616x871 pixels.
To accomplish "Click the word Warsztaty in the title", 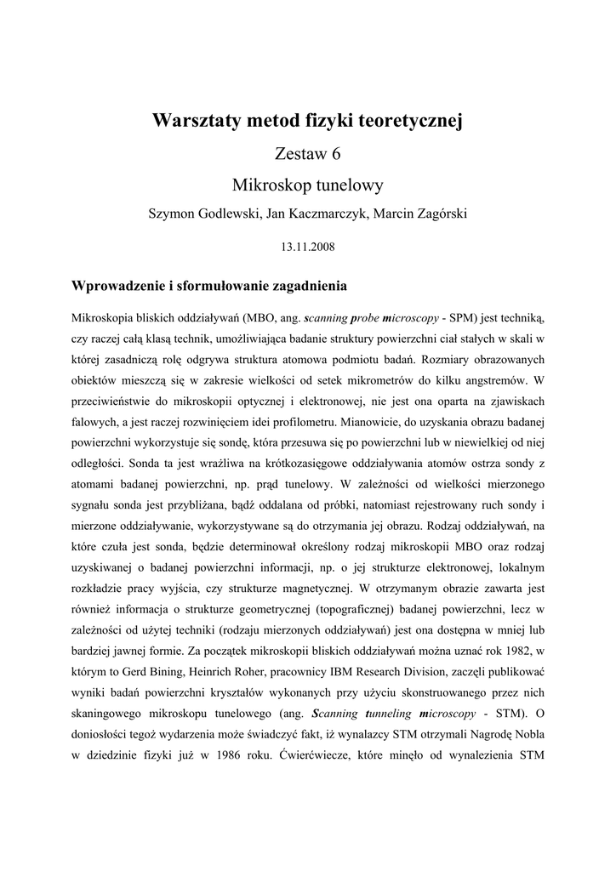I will coord(196,122).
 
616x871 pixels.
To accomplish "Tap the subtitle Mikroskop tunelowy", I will coord(307,184).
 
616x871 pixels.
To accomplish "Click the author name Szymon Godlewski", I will coord(203,214).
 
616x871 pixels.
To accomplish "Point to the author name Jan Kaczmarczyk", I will coord(314,214).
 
